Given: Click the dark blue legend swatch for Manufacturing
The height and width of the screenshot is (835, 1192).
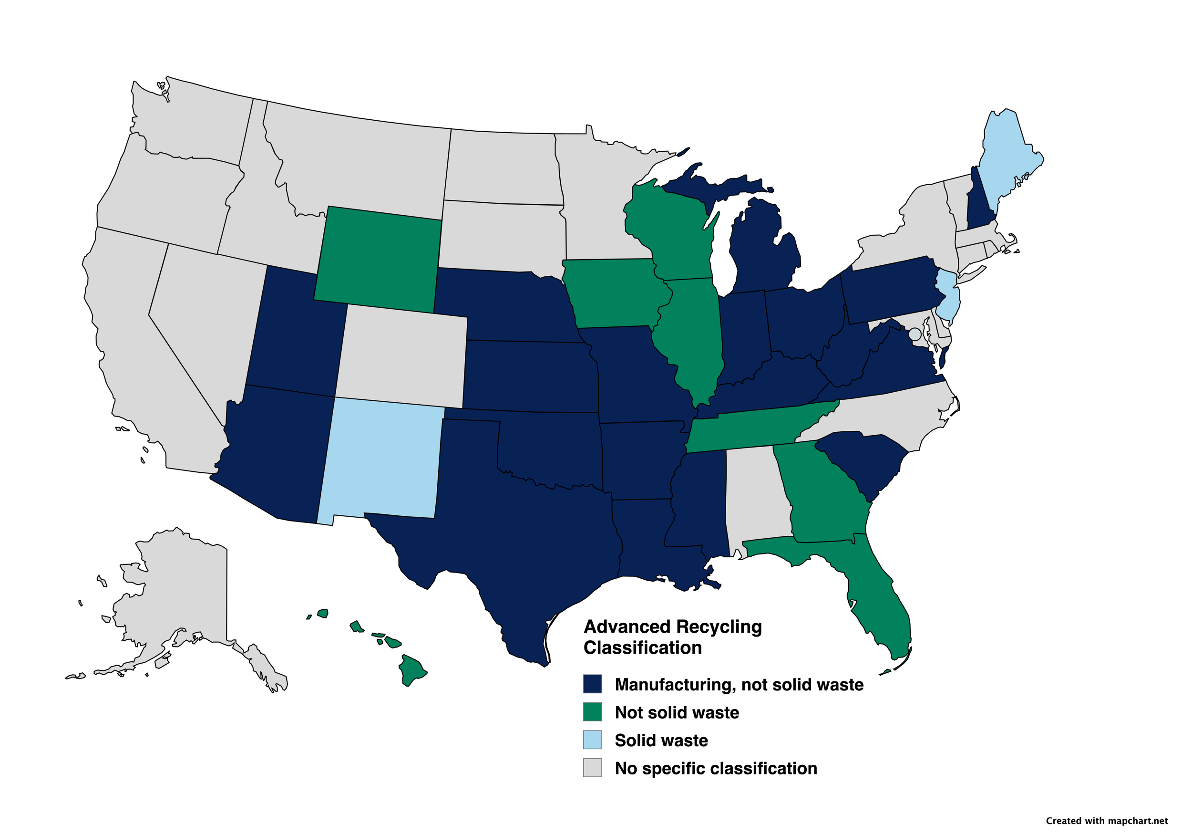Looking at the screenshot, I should [592, 684].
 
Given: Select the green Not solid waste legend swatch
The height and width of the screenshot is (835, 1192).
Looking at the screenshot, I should [592, 712].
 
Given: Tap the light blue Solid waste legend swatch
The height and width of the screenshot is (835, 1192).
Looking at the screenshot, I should [592, 740].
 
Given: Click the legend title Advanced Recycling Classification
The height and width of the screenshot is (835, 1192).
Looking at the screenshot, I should [672, 637].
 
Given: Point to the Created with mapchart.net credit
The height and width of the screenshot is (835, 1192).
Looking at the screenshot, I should [1106, 821].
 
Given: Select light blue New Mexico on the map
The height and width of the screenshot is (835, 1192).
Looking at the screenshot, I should [381, 460].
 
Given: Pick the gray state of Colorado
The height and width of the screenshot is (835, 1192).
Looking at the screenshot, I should [402, 356].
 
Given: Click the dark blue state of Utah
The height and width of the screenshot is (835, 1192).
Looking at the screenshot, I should [296, 333].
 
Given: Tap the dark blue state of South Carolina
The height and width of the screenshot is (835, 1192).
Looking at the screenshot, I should [862, 457].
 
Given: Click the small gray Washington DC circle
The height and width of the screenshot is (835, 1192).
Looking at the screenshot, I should [915, 334].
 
